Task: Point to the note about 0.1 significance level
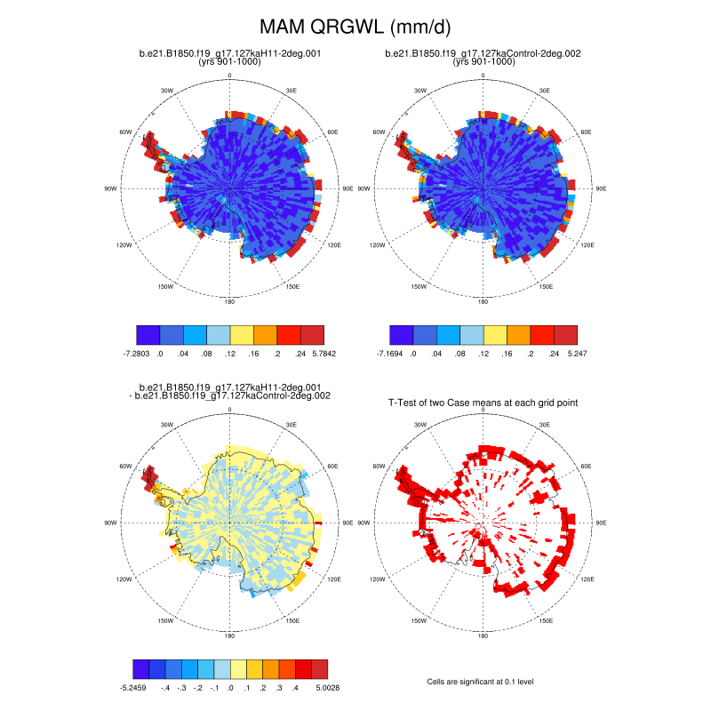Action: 481,682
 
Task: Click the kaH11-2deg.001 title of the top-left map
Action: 230,53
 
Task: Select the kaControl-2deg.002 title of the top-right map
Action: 483,53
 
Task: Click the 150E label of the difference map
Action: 292,620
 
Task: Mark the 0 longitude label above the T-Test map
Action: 483,410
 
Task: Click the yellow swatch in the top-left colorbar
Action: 242,334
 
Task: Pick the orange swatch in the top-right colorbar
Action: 518,334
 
